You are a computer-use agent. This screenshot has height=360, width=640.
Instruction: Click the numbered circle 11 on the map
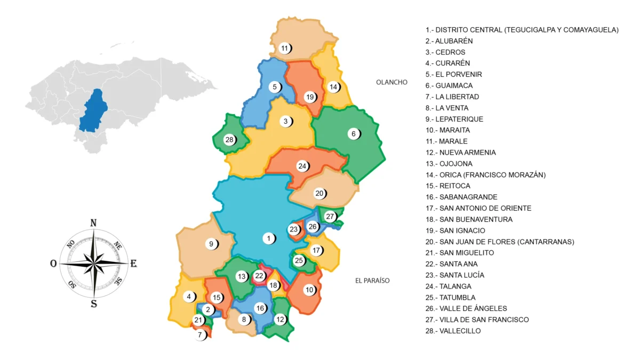(x=285, y=49)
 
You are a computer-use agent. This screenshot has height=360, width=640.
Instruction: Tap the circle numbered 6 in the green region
(x=353, y=134)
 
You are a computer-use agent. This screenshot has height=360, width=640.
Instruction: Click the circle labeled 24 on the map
(x=302, y=166)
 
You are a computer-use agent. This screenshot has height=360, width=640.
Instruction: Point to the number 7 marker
(x=200, y=335)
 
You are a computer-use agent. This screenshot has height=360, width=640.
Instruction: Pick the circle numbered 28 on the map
(x=229, y=140)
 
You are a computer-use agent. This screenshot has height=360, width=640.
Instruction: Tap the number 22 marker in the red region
(x=259, y=276)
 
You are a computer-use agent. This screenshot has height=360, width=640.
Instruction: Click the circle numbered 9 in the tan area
(x=211, y=244)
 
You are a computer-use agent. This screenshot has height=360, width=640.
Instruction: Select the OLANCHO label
(x=391, y=82)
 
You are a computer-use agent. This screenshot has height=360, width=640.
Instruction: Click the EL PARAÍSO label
(x=372, y=281)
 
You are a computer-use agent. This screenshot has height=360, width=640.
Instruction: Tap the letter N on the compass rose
(x=93, y=223)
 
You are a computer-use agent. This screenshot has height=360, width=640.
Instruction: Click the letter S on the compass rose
(x=94, y=304)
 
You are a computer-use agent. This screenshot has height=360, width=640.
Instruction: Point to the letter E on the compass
(x=133, y=263)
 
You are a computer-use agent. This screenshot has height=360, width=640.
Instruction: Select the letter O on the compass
(x=53, y=263)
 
